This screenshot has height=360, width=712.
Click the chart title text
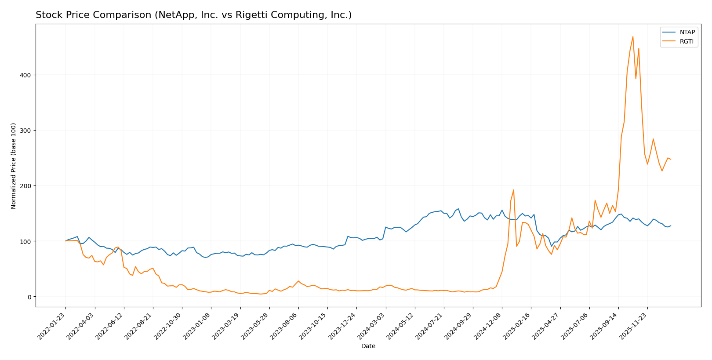[x=193, y=15]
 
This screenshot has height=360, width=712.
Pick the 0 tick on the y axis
[x=29, y=297]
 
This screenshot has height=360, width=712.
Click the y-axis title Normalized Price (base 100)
[x=14, y=166]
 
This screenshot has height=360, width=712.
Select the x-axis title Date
[x=368, y=346]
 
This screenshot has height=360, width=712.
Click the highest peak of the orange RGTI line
[x=633, y=36]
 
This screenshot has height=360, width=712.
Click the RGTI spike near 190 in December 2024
[x=513, y=190]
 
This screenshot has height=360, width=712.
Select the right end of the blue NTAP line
[x=671, y=226]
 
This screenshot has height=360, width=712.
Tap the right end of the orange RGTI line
[x=671, y=160]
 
